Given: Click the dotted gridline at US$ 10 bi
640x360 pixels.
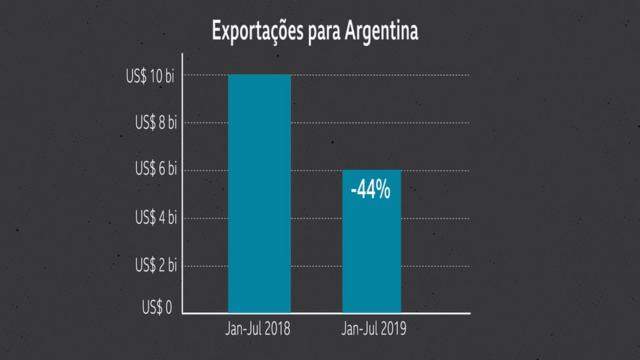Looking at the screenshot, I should (380, 75).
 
